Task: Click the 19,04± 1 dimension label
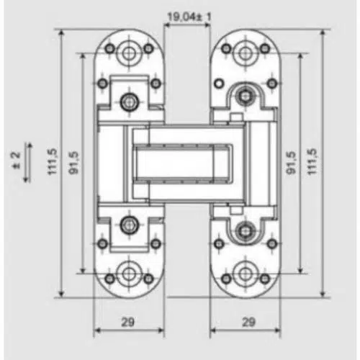pos(189,17)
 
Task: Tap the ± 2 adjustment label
pos(16,161)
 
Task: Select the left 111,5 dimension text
pos(53,161)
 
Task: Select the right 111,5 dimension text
pos(312,161)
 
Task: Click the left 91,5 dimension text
pos(73,163)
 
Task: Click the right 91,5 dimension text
pos(291,163)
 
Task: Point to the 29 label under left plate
pos(127,322)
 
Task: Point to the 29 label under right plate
pos(248,322)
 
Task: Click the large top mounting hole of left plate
pos(129,53)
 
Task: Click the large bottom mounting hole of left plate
pos(129,274)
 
